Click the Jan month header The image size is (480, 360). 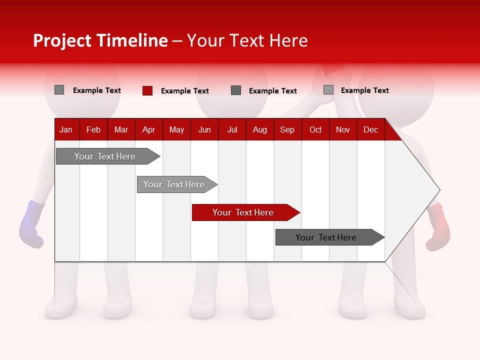(x=66, y=129)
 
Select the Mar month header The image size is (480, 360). (x=121, y=129)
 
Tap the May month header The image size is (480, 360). (x=176, y=129)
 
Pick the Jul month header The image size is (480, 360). (x=232, y=129)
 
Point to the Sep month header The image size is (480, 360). (x=287, y=129)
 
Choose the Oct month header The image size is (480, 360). (x=315, y=129)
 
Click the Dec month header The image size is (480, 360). (x=370, y=129)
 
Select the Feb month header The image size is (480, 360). (x=93, y=129)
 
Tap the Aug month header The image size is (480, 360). (x=259, y=129)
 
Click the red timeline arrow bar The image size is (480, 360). (x=245, y=212)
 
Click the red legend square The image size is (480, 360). (x=147, y=90)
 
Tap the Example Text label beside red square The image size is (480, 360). (x=184, y=91)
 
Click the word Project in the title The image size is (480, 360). (x=62, y=40)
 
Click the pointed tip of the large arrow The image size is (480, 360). (x=438, y=190)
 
